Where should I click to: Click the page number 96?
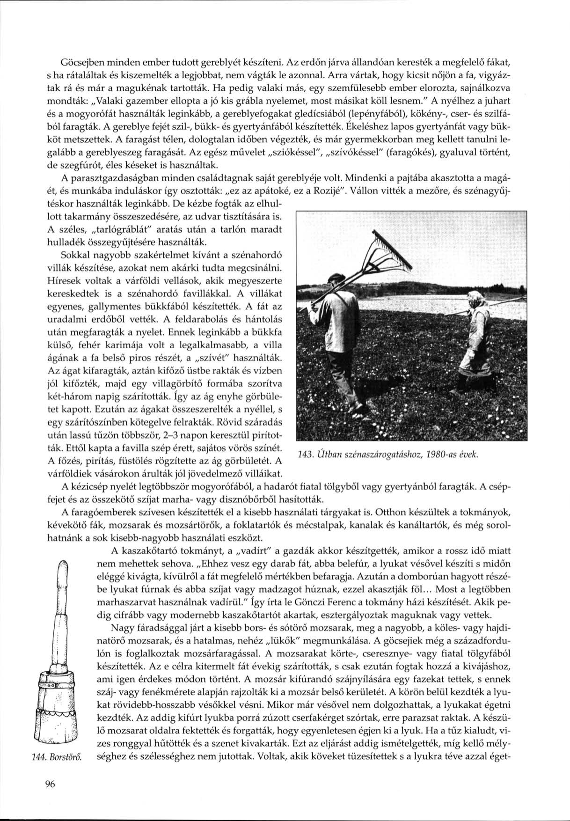pos(51,784)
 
